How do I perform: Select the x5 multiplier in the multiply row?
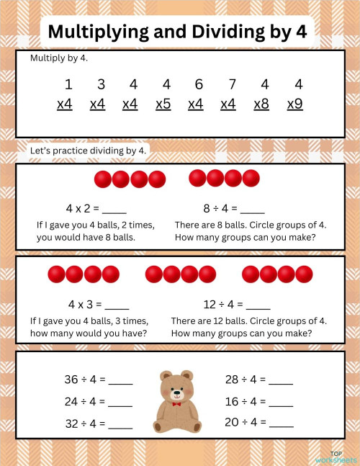coord(163,104)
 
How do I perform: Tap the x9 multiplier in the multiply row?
coord(294,104)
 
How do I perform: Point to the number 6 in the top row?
coord(199,84)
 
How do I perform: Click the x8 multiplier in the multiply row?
coord(261,104)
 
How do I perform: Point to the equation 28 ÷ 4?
coord(245,380)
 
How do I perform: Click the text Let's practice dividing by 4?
coord(88,151)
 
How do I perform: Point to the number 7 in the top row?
coord(232,84)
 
